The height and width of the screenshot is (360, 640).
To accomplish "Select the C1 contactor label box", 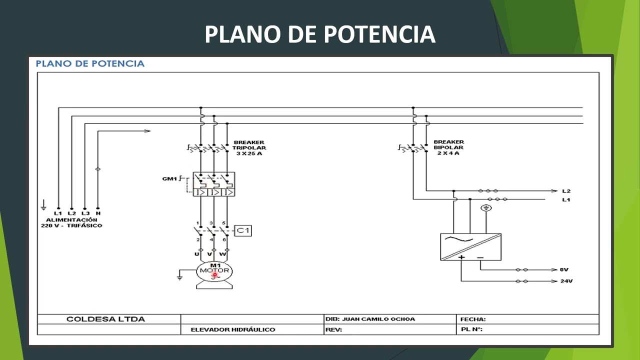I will [243, 230].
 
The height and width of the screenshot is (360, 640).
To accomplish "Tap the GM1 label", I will [169, 178].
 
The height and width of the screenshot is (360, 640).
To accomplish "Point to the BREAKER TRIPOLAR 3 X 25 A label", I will [249, 148].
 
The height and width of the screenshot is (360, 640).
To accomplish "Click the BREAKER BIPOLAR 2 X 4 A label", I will [448, 147].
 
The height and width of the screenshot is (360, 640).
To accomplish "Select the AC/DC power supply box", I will [470, 247].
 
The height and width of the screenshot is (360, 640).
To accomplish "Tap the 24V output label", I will [566, 281].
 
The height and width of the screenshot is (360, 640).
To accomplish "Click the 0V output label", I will [564, 269].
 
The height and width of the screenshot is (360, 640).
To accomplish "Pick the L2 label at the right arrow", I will [566, 191].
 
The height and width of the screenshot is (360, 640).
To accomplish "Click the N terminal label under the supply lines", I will [98, 213].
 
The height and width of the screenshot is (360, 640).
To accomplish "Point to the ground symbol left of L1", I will [43, 205].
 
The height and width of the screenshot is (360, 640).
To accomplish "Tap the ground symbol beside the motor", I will [179, 275].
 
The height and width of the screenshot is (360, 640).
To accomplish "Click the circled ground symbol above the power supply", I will [485, 208].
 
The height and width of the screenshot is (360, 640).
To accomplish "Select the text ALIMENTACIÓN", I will [71, 220].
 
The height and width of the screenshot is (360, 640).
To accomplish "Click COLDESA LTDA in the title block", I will [105, 319].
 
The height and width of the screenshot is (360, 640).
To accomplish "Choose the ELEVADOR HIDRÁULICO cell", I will [233, 329].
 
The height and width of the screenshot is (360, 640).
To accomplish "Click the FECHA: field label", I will [472, 319].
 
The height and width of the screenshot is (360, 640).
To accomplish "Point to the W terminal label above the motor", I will [223, 254].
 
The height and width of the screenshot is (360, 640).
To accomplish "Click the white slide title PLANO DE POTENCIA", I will [320, 34].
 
